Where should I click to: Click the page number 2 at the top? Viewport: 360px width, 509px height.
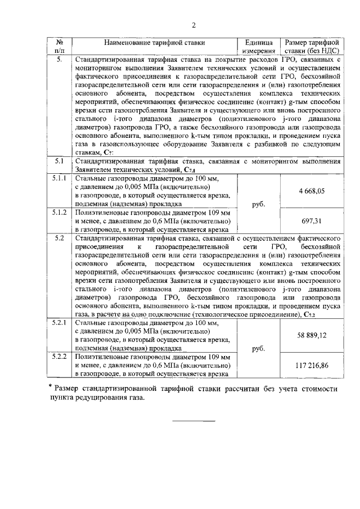pos(193,25)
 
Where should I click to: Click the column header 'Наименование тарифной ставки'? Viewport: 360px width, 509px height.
pos(154,43)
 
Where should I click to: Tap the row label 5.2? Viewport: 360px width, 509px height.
pos(58,238)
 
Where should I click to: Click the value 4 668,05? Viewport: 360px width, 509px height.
pos(313,191)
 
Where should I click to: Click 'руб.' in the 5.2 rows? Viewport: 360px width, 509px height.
pos(258,348)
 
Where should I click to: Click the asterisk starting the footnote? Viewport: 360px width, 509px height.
pos(51,387)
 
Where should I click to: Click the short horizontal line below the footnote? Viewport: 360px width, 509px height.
pos(193,421)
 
